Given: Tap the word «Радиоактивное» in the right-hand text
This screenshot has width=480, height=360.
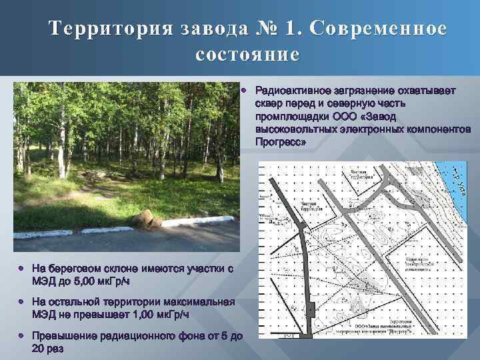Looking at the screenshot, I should point(288,90).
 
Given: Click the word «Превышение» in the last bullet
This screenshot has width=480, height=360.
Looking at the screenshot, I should point(64,336).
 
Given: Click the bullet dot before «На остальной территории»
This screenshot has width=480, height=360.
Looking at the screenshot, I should point(22,301).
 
